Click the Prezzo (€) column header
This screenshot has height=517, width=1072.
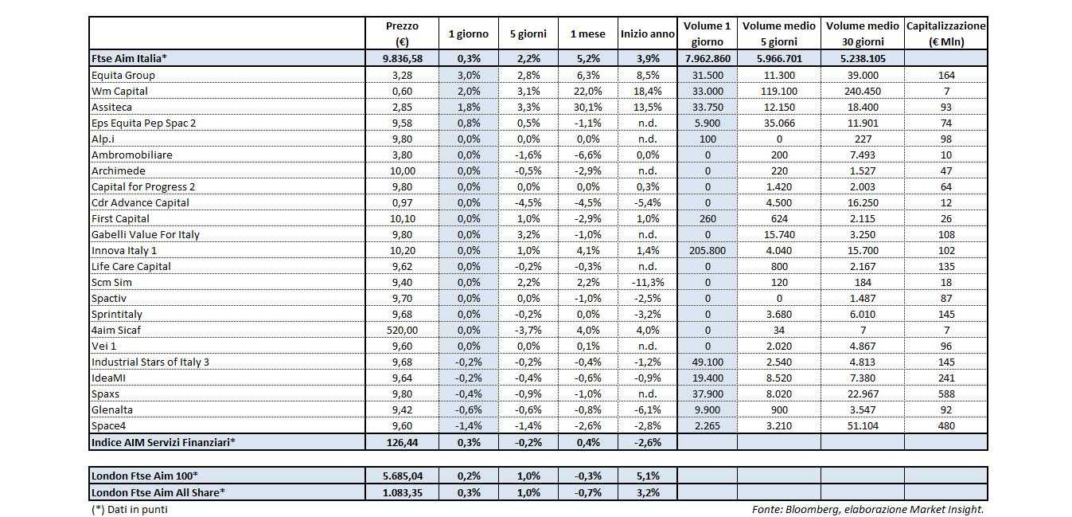(x=401, y=33)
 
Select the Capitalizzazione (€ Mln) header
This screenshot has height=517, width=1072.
(x=945, y=33)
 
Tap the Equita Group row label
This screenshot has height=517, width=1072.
(x=123, y=75)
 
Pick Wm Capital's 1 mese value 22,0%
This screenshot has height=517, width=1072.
(x=587, y=91)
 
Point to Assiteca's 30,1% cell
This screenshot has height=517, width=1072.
(x=587, y=107)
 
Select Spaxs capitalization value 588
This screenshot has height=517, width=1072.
(x=945, y=394)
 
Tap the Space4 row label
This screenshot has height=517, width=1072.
(x=109, y=425)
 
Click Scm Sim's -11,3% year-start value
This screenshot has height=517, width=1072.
(x=647, y=282)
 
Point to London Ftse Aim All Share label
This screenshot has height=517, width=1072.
(x=158, y=492)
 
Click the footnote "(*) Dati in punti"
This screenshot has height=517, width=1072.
(x=130, y=509)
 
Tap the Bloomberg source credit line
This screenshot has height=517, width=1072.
(x=867, y=509)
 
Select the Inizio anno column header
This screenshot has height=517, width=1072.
(x=647, y=33)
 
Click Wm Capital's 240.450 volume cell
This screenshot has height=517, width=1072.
(x=862, y=91)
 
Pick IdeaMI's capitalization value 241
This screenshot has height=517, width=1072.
(x=945, y=378)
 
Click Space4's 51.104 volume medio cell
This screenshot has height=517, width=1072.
(x=862, y=425)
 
